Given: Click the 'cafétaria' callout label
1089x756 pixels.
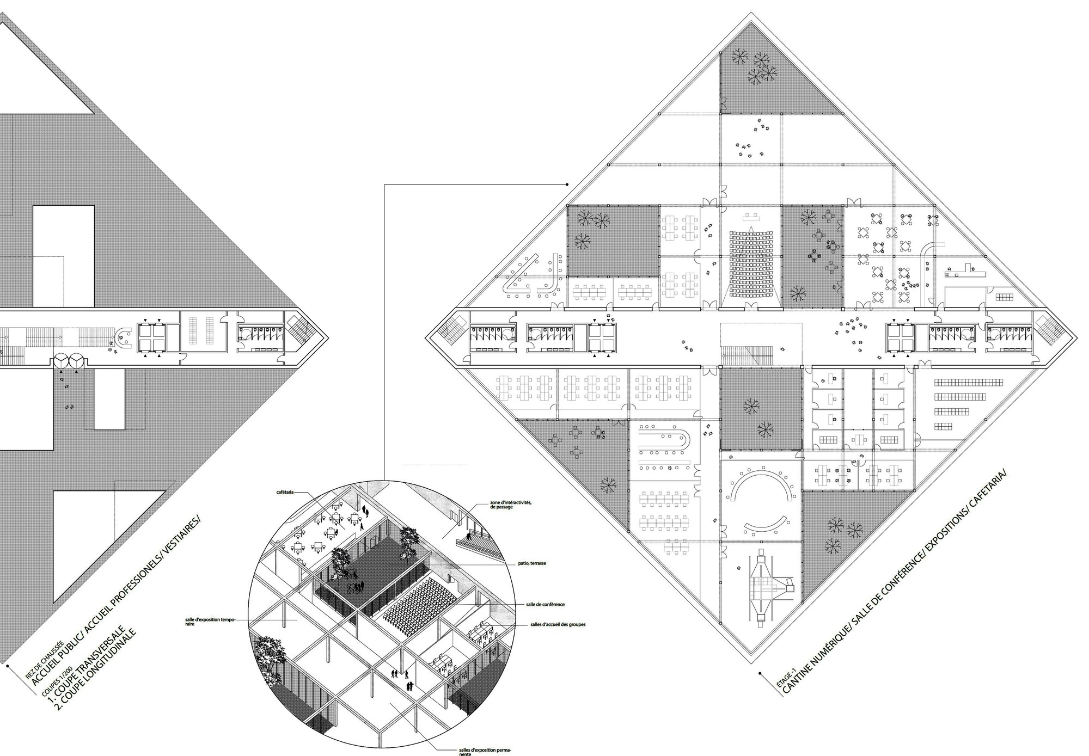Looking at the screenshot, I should (285, 492).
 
